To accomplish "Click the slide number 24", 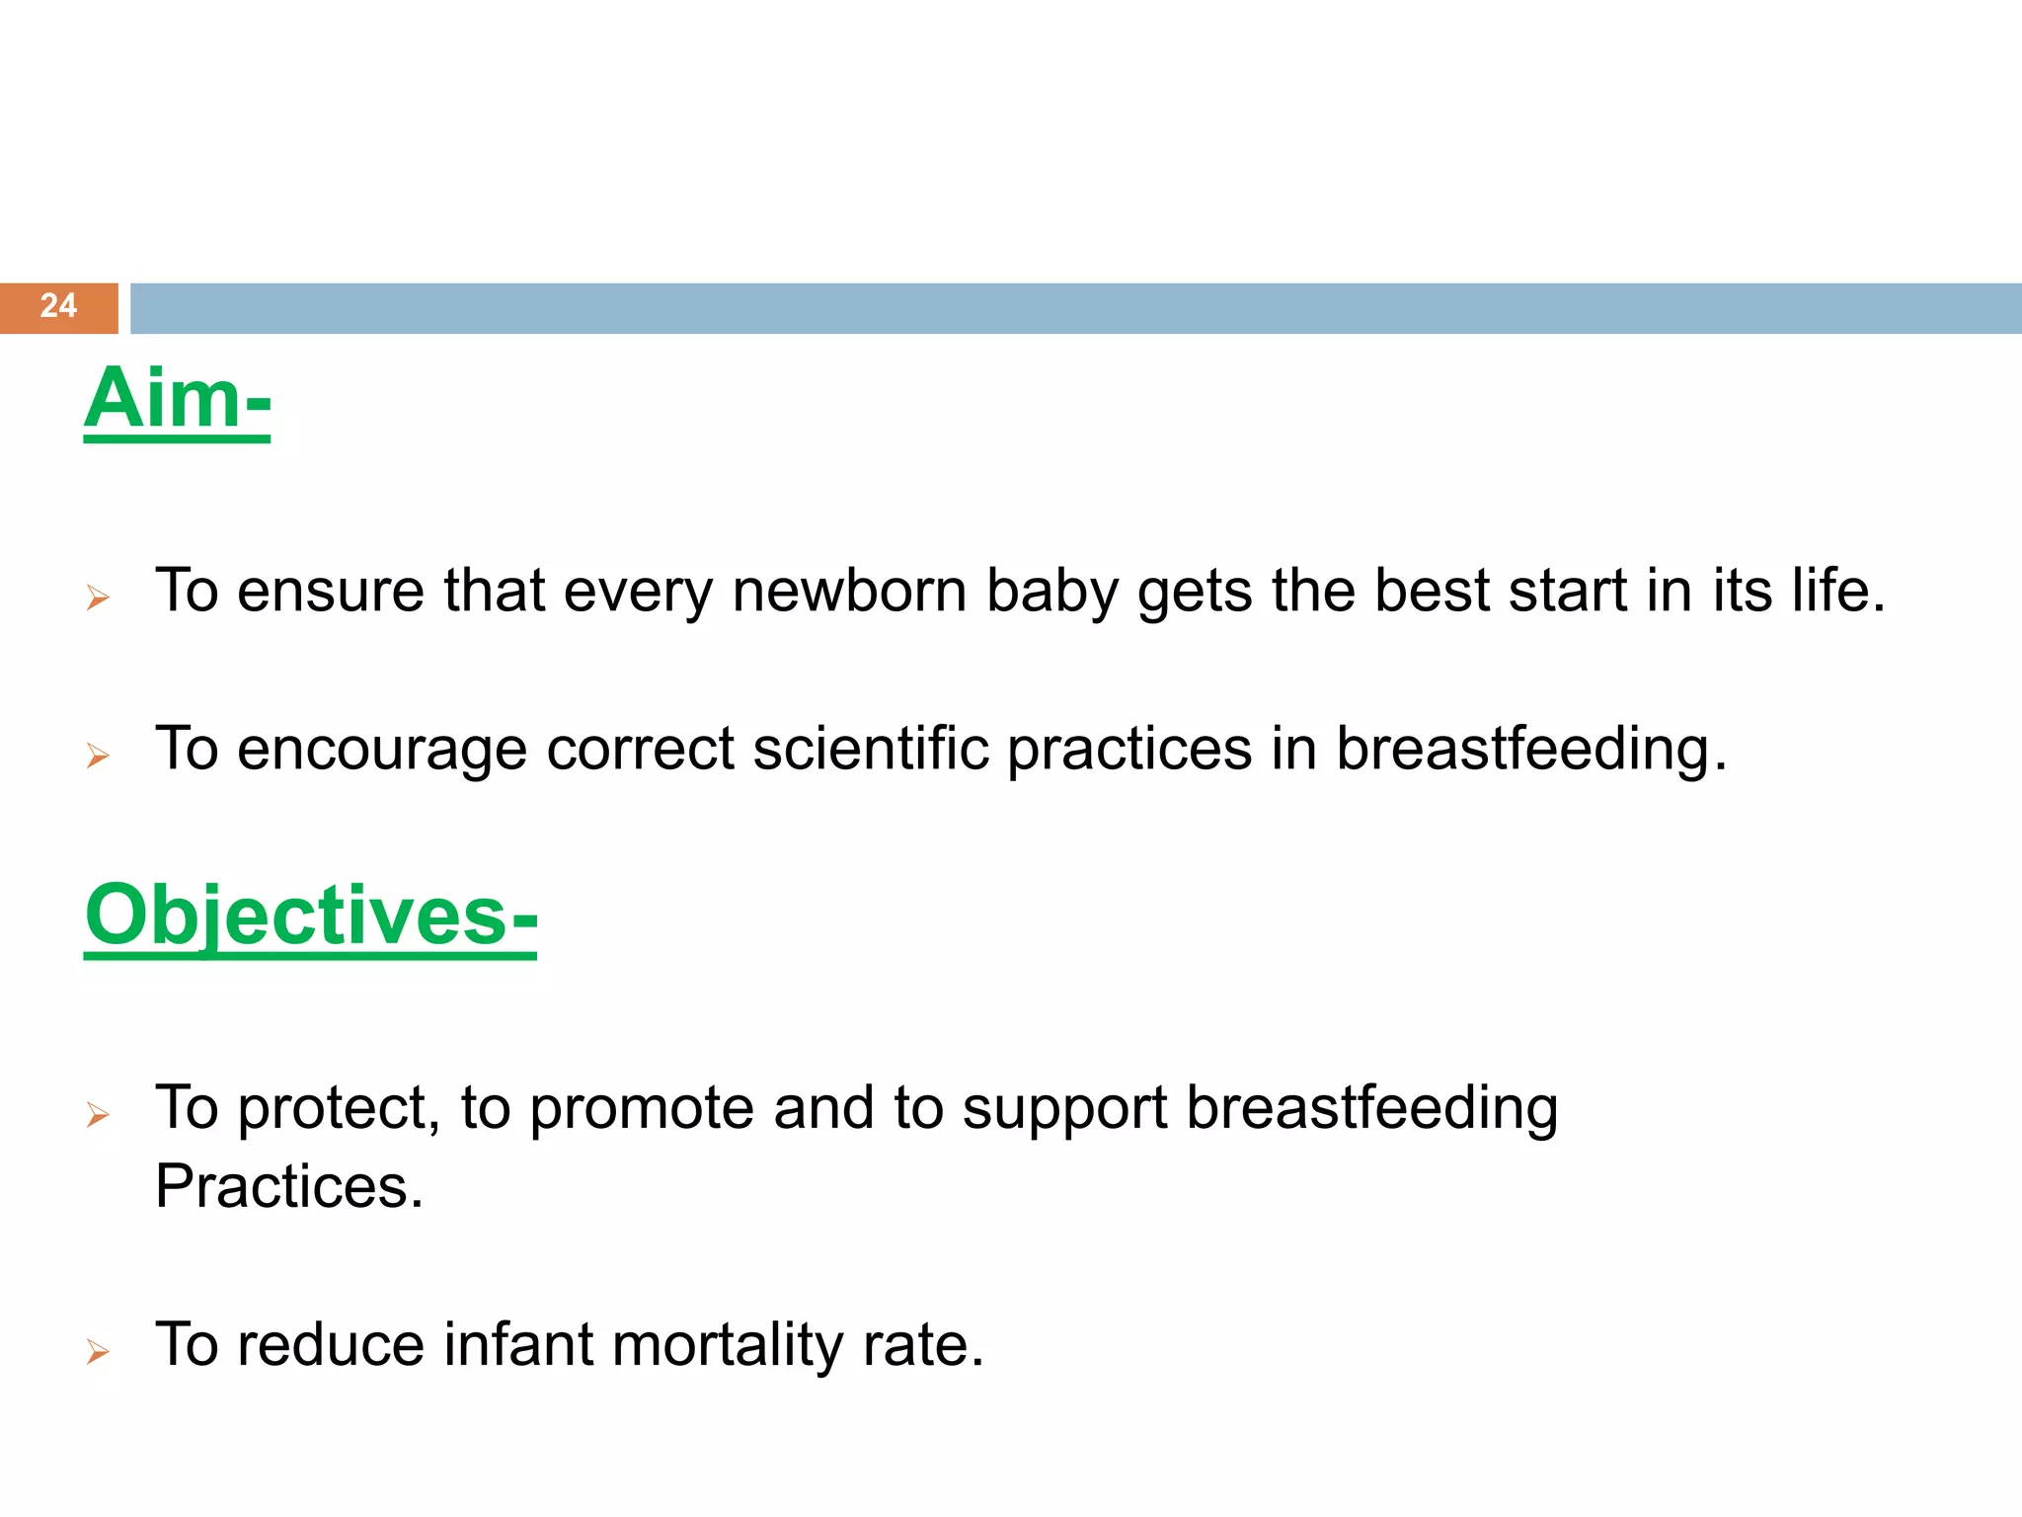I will pos(58,305).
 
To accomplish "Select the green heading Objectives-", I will pos(311,916).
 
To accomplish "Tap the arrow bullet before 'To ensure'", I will pos(98,598).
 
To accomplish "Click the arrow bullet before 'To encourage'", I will pos(98,756).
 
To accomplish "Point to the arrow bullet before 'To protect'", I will pos(98,1115).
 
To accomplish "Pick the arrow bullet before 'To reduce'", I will pos(98,1351).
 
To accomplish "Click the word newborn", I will pos(849,591).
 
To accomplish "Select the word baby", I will pos(1052,591).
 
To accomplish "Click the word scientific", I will pos(871,749).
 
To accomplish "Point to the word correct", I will pos(640,749).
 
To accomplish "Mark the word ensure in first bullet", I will pos(330,591).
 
